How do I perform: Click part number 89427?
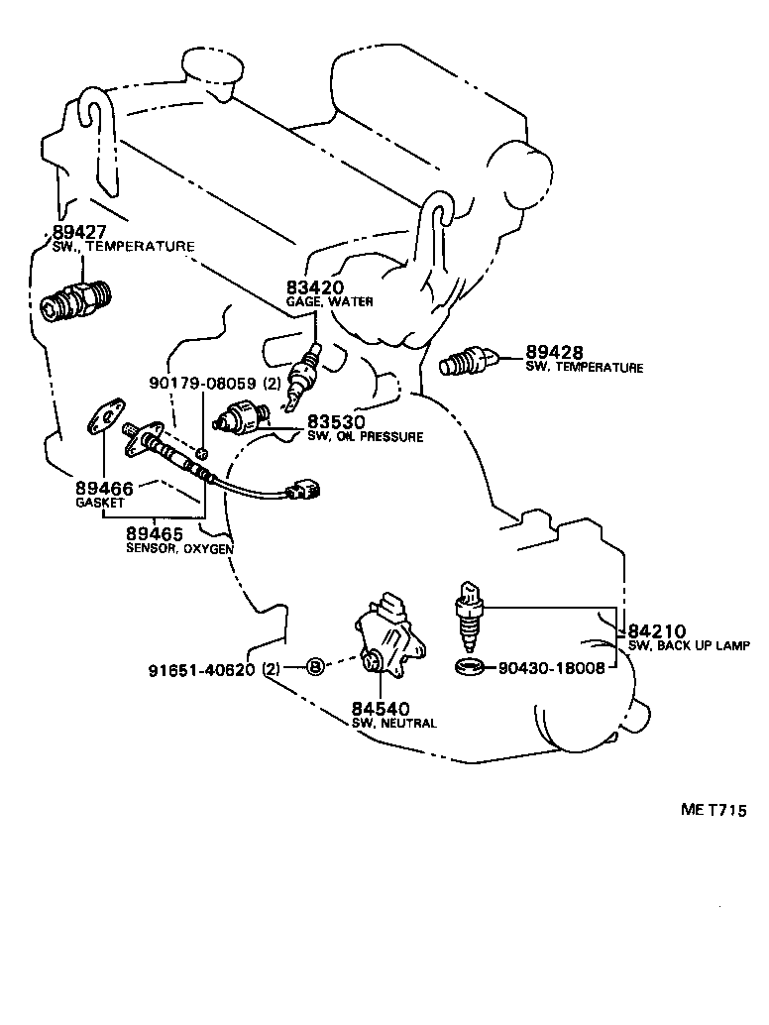coord(79,233)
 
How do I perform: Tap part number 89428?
coord(554,353)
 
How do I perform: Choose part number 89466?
coord(104,489)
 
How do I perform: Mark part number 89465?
coord(154,534)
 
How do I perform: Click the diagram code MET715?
coord(713,810)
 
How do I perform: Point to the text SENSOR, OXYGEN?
coord(178,548)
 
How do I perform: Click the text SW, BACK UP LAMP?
coord(689,645)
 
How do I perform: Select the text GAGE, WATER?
coord(330,301)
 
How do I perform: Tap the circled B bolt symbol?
coord(314,667)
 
